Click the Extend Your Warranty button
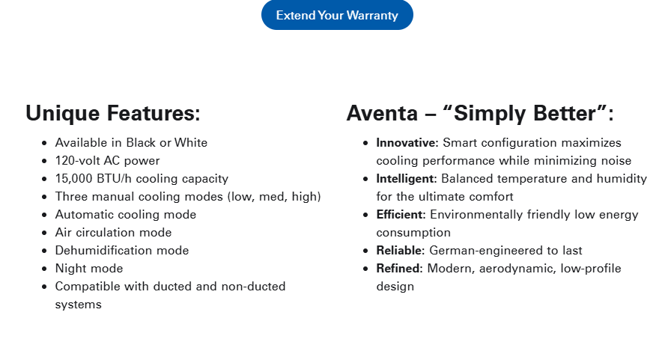tap(337, 15)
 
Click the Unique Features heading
tap(113, 113)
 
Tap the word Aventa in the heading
tap(382, 113)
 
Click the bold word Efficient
tap(401, 215)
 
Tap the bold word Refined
tap(399, 269)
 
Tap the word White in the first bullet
tap(191, 142)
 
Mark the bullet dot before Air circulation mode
tap(44, 233)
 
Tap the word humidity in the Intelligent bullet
tap(622, 179)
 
